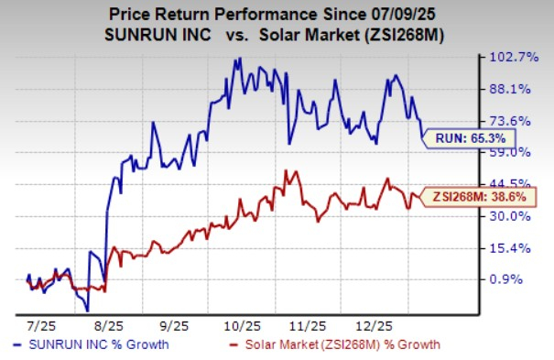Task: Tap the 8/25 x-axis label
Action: tap(109, 325)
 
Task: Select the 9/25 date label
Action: tap(174, 325)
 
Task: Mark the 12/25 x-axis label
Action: tap(375, 325)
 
